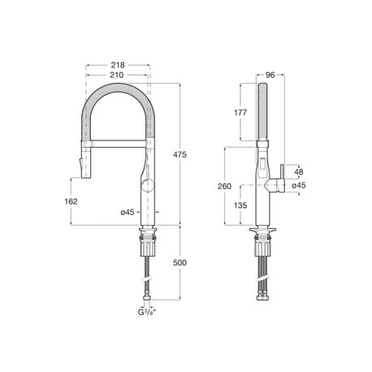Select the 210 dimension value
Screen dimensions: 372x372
click(x=119, y=75)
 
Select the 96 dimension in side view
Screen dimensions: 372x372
click(x=270, y=75)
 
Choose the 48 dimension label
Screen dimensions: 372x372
click(x=300, y=172)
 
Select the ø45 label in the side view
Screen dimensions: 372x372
click(x=300, y=185)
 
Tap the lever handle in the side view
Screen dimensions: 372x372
click(x=279, y=174)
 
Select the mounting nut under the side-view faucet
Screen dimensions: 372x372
click(x=262, y=237)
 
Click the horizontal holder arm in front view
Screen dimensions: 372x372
click(x=114, y=144)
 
